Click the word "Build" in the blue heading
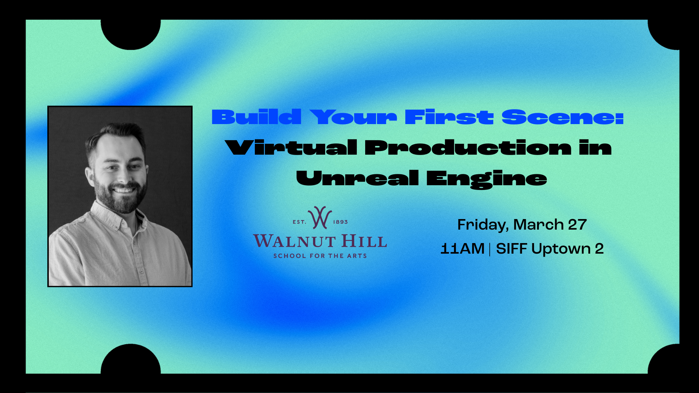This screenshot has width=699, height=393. point(256,117)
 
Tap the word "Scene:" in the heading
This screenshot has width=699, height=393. point(562,117)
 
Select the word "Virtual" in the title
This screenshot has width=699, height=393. point(291,148)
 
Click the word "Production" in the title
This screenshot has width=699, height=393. point(468,148)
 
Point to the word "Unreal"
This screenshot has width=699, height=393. point(357,178)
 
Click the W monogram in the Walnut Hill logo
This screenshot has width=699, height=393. point(320,218)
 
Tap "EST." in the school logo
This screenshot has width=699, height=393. point(299,222)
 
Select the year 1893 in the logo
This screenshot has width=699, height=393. point(340,222)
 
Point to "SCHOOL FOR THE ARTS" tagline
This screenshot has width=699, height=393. point(320,256)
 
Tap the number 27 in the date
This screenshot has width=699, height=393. point(577,225)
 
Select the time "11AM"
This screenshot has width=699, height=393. point(462,249)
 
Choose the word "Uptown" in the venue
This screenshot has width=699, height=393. point(561,249)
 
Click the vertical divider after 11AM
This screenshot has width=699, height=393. point(490,249)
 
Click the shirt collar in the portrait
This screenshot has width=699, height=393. point(109,218)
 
